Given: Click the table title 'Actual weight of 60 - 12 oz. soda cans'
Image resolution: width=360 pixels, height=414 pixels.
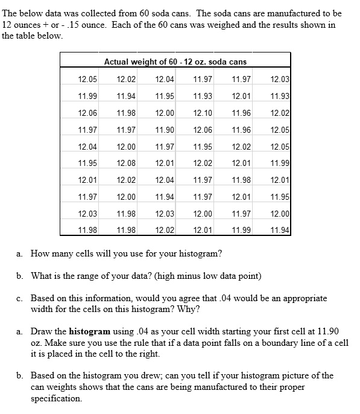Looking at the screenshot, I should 175,62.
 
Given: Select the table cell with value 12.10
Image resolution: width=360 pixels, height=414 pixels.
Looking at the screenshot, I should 203,113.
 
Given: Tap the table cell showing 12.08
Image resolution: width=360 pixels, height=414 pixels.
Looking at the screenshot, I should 126,162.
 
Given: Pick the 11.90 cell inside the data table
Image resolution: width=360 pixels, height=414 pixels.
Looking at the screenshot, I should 165,130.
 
